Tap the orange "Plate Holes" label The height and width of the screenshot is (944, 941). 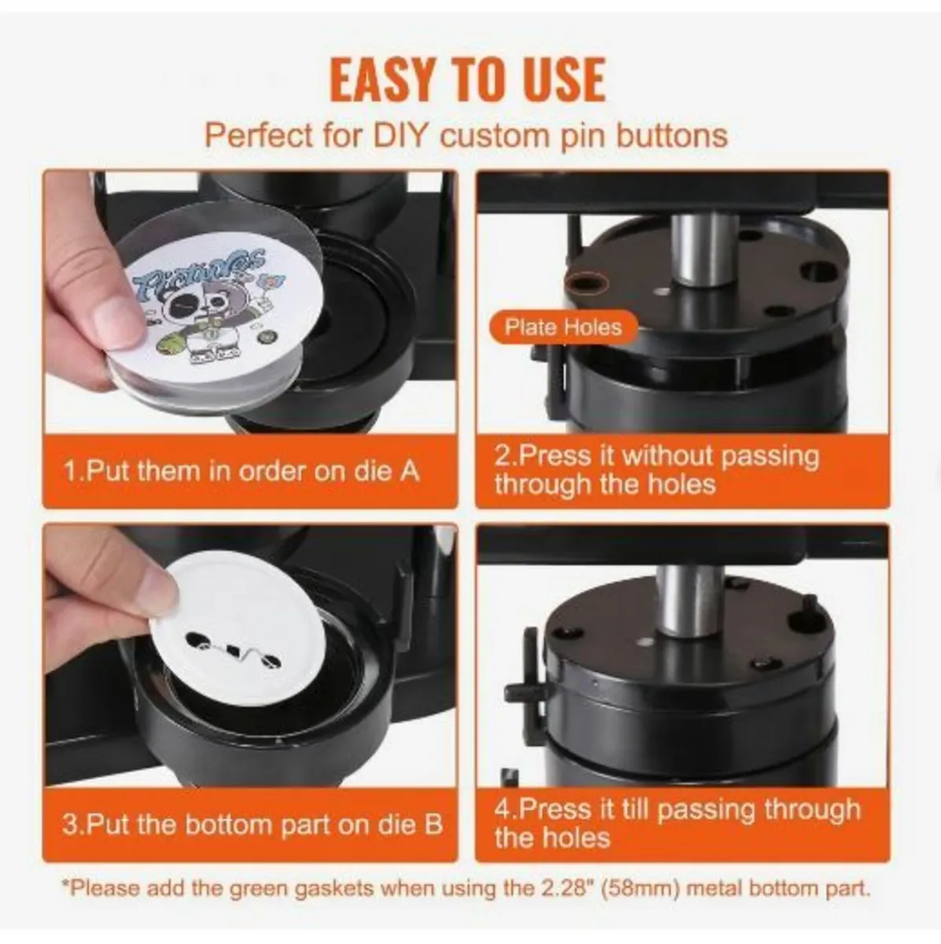(563, 327)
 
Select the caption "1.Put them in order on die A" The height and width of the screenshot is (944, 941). (242, 471)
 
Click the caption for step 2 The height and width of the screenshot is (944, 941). (656, 470)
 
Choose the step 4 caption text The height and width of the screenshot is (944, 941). (677, 822)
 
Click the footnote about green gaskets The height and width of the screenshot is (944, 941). (467, 890)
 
